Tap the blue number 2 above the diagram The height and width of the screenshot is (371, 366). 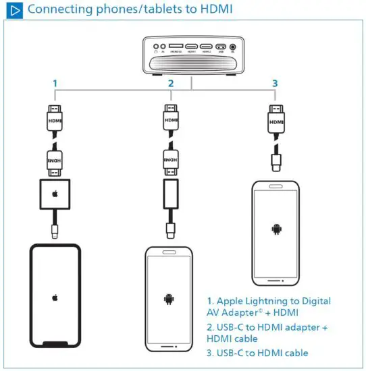[171, 83]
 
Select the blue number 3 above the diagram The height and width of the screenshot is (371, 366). [274, 83]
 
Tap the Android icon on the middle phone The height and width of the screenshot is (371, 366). [169, 297]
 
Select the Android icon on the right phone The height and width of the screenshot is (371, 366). [276, 229]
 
